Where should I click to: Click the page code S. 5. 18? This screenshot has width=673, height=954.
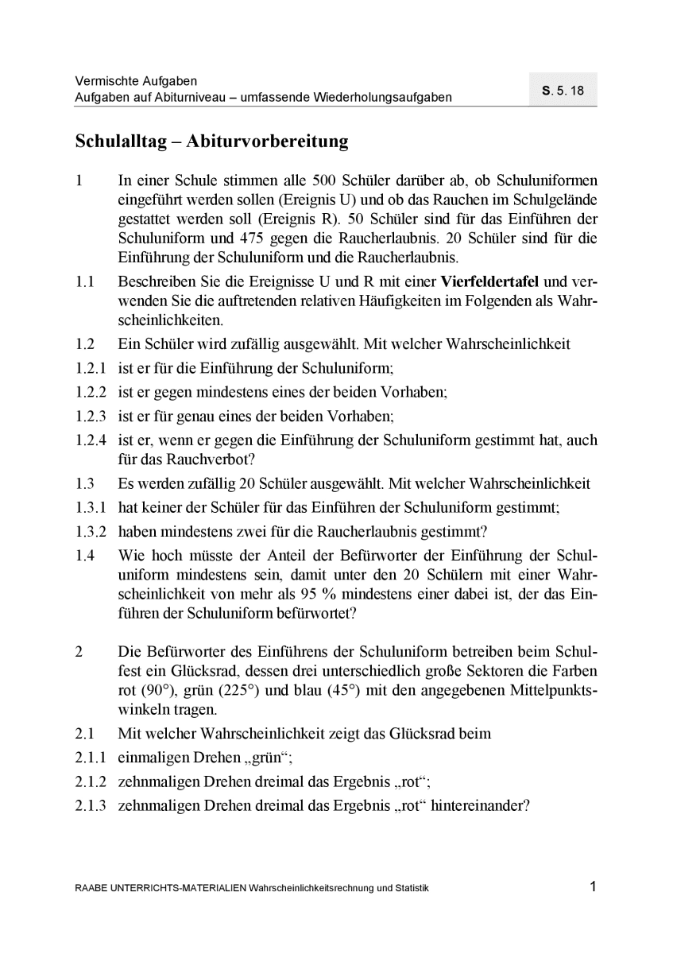click(563, 90)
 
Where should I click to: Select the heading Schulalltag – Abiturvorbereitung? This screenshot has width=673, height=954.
click(211, 142)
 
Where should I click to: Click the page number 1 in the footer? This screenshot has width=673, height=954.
click(593, 887)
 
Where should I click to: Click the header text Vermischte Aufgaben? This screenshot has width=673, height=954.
click(136, 81)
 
